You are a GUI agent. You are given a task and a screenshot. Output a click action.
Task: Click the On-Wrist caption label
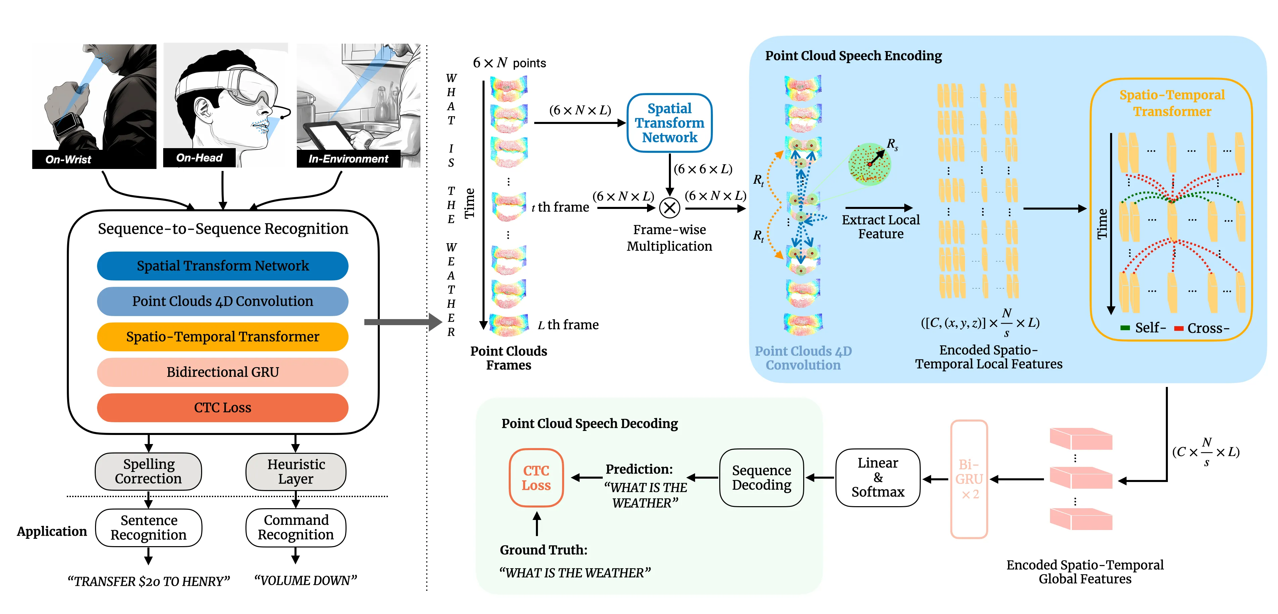69,159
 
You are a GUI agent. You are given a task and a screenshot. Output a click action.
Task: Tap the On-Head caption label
199,158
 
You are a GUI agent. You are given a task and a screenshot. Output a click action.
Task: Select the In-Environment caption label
348,159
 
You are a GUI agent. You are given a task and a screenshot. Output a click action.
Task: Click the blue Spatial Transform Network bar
222,266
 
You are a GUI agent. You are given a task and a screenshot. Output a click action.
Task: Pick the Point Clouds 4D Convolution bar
222,301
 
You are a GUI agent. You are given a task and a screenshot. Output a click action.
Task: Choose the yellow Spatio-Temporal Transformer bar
222,337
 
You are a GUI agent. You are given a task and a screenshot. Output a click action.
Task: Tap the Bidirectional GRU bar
222,372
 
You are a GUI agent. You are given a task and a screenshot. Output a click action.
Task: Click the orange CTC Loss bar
222,407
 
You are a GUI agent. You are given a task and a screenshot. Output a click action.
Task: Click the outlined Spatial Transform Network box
669,123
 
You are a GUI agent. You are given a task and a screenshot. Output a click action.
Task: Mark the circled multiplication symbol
669,208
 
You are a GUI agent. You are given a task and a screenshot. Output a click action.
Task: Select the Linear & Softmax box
878,478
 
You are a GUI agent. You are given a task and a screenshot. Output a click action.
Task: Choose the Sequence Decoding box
762,478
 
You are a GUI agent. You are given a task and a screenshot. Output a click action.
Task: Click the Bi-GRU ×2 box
969,479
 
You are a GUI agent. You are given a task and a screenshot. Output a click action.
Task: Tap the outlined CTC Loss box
536,478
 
